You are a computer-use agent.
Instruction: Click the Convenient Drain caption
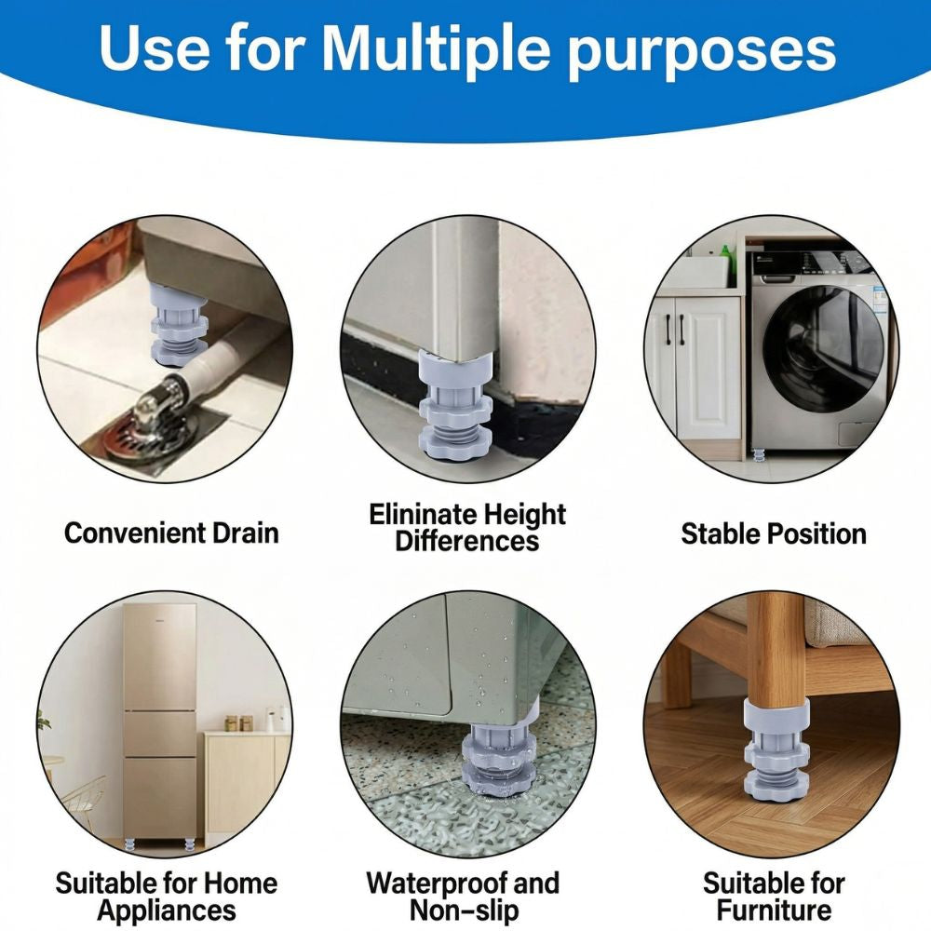pos(171,533)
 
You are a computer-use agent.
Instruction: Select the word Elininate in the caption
pos(425,514)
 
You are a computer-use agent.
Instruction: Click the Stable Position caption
pos(773,533)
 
